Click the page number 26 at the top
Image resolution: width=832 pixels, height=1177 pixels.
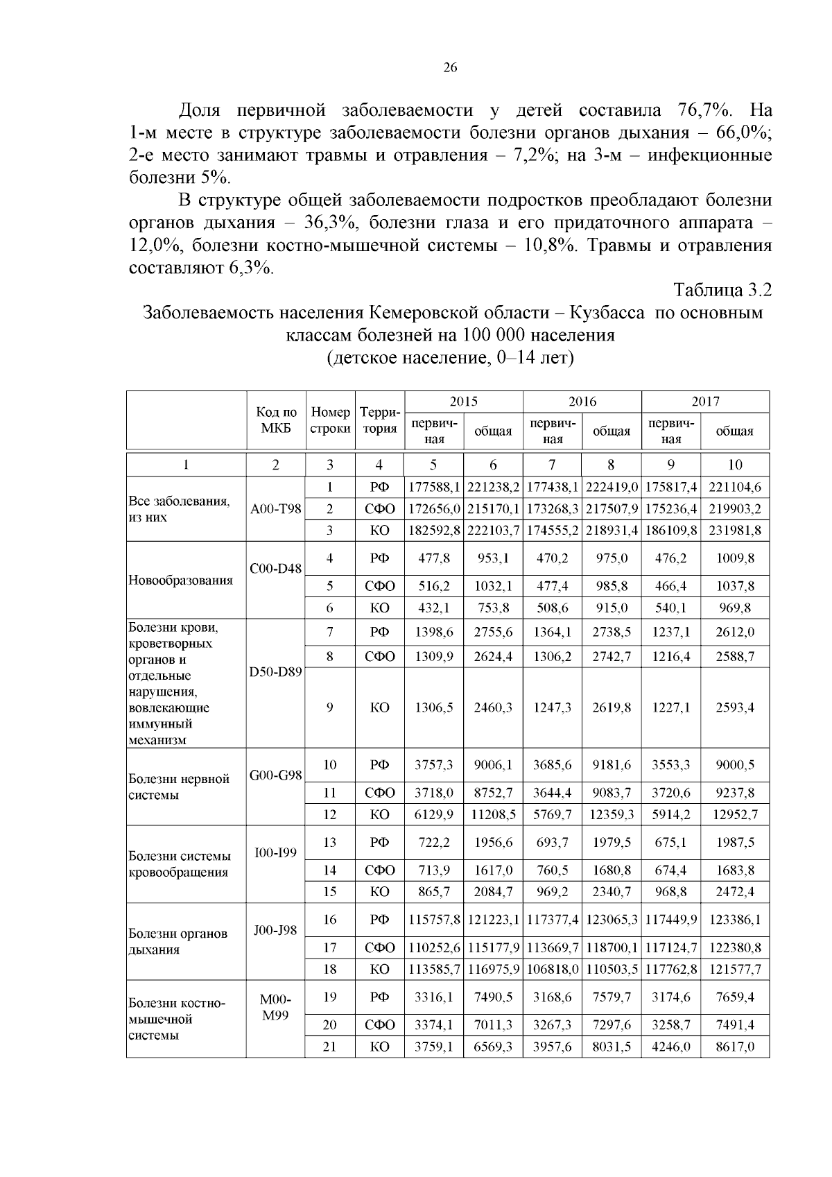[450, 67]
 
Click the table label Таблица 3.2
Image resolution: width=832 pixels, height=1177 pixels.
[722, 290]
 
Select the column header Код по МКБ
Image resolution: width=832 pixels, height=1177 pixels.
[276, 420]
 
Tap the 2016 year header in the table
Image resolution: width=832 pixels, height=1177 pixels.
[582, 402]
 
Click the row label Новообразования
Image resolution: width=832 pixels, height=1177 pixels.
[180, 580]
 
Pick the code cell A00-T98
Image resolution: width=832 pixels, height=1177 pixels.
[276, 509]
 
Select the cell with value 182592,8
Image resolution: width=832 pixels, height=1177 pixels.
[434, 531]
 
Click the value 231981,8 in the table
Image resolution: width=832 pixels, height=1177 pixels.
[734, 531]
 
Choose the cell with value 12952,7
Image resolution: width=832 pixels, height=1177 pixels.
[734, 814]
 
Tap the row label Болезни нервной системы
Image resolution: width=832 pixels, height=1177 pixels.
[179, 787]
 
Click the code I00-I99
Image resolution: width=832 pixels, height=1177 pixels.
[276, 852]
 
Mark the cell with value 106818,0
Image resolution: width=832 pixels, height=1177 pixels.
[553, 969]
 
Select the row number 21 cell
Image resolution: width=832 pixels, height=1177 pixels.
[330, 1047]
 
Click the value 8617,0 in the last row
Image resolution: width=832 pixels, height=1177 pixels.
[734, 1047]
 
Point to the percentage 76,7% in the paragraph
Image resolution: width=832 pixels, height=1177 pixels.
[701, 110]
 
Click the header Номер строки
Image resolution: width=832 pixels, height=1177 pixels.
[330, 420]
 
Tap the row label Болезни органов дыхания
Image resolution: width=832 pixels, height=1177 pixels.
[177, 941]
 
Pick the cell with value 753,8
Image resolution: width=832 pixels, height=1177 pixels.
[493, 608]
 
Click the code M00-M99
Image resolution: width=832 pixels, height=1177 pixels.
[276, 1008]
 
